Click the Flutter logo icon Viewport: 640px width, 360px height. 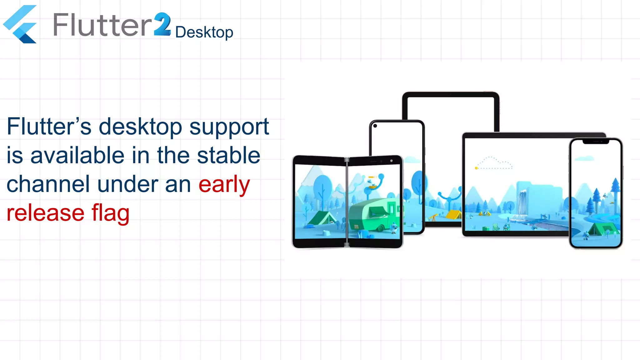coord(20,24)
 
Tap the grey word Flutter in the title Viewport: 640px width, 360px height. coord(102,25)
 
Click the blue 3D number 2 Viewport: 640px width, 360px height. coord(162,24)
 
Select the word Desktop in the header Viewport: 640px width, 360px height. coord(204,32)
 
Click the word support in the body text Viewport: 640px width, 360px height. coord(229,127)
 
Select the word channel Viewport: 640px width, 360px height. coord(48,184)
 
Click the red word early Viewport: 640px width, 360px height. coord(224,185)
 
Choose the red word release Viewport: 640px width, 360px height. coord(46,213)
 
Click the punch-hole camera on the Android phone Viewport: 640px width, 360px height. coord(375,126)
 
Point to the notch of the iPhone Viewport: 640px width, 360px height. coord(596,142)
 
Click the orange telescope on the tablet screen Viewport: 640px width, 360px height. coord(433,217)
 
